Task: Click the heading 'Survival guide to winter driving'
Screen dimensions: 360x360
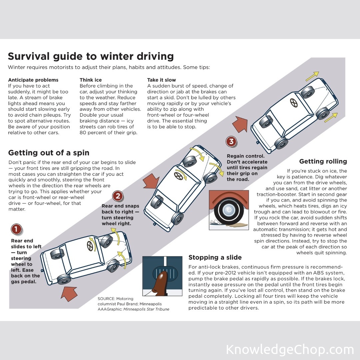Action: coord(91,56)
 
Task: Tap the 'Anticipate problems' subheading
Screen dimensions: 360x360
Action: coord(33,80)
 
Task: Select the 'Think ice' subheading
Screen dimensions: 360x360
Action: coord(91,80)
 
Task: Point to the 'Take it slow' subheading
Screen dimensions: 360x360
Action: coord(161,80)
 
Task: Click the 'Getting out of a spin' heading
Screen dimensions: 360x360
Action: coord(49,153)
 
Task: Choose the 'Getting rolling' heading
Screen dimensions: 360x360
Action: coord(323,161)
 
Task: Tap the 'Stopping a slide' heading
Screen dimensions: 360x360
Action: coord(215,257)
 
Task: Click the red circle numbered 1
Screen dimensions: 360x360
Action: coord(16,229)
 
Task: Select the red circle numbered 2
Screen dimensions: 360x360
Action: coord(118,196)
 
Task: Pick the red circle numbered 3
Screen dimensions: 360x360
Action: coord(231,141)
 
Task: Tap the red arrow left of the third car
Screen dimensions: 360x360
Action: coord(240,124)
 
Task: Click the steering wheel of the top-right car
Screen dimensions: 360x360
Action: coord(294,103)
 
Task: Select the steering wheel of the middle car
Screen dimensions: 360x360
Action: coord(178,176)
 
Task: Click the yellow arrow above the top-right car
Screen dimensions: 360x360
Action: coord(312,76)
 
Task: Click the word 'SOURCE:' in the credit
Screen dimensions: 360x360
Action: coord(106,299)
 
